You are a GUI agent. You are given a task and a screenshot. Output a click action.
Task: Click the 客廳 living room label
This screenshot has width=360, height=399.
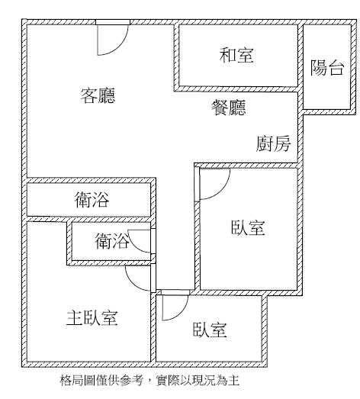[98, 95]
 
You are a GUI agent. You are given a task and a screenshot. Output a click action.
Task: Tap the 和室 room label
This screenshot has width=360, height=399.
[236, 55]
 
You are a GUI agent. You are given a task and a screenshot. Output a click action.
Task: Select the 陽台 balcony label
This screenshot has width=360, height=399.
[327, 68]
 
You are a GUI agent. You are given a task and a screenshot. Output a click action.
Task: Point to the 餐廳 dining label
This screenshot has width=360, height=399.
[229, 108]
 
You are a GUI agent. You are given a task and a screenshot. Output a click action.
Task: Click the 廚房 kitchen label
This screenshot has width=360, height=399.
[273, 143]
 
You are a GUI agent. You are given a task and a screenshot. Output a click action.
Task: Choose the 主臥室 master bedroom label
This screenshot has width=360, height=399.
[92, 318]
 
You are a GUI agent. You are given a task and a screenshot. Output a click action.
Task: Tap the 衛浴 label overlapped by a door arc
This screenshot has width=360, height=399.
[112, 241]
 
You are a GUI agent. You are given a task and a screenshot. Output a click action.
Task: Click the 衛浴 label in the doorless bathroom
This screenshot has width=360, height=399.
[92, 200]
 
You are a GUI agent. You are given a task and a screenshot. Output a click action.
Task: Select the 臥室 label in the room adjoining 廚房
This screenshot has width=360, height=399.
[248, 227]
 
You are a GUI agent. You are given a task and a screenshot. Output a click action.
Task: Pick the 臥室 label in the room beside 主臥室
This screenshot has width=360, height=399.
[210, 330]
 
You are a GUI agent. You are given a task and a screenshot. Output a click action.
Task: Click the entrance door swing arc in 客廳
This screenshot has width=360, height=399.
[120, 47]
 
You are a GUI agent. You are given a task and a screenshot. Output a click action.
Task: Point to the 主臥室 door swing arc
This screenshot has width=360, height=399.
[132, 282]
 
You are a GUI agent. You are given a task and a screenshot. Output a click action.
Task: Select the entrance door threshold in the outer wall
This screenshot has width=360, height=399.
[113, 22]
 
